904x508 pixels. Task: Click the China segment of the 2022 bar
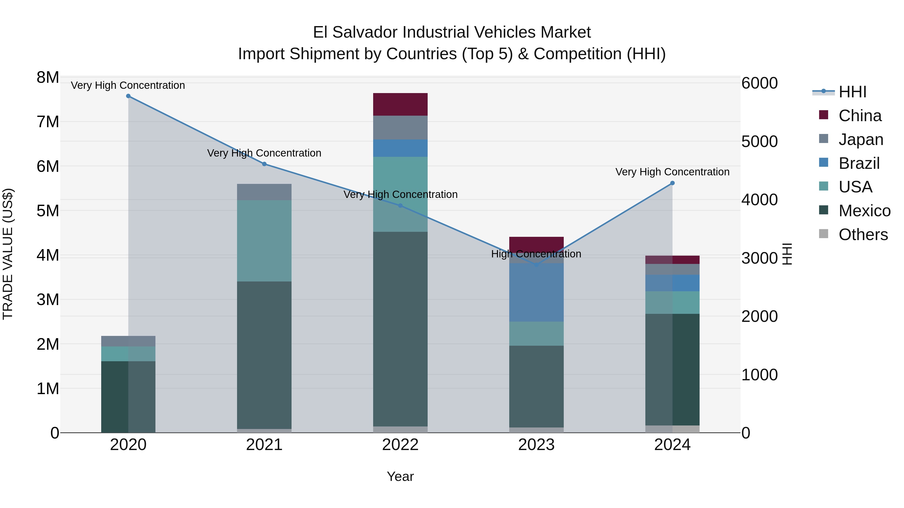[400, 104]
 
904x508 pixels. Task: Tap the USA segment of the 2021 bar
[264, 241]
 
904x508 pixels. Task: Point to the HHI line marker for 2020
[128, 96]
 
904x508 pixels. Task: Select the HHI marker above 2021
[264, 164]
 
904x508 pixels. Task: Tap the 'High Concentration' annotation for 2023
[536, 254]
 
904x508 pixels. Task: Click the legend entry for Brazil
[859, 163]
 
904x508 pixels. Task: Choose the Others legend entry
[863, 235]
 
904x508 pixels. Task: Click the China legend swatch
[823, 115]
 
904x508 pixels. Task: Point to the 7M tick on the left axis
[48, 122]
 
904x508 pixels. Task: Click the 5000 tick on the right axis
[759, 142]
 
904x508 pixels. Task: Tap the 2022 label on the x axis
[400, 445]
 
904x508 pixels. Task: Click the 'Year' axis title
[400, 476]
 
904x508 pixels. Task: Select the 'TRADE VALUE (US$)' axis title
[8, 254]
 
